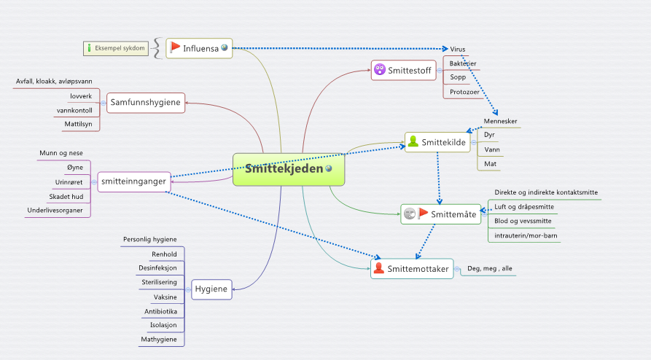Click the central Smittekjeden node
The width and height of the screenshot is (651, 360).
[x=289, y=169]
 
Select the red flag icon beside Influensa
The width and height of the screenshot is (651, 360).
[x=175, y=48]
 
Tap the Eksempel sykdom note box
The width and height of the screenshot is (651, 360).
[x=116, y=48]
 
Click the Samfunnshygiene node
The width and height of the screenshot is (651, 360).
[x=145, y=103]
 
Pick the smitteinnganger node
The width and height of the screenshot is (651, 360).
[x=133, y=181]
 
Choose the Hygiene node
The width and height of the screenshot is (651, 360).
[x=211, y=289]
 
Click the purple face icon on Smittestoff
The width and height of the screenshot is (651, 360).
[x=380, y=69]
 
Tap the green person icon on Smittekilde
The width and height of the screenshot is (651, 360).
[x=413, y=141]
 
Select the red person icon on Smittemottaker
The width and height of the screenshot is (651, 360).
[x=378, y=268]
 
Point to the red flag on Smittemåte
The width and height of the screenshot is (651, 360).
[x=423, y=214]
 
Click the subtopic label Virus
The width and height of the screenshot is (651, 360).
[x=458, y=49]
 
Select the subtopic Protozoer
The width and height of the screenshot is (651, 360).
[x=464, y=92]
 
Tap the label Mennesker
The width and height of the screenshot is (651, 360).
[x=500, y=121]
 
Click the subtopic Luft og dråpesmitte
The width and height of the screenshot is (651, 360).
[x=524, y=207]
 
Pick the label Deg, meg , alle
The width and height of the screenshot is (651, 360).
[x=490, y=269]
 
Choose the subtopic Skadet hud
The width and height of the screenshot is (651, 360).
[x=66, y=197]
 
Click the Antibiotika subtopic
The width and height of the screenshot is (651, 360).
[x=160, y=311]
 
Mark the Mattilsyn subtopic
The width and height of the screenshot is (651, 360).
[x=78, y=124]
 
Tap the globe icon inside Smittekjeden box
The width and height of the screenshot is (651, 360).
[x=329, y=168]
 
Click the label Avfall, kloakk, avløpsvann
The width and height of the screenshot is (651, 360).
[x=54, y=82]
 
